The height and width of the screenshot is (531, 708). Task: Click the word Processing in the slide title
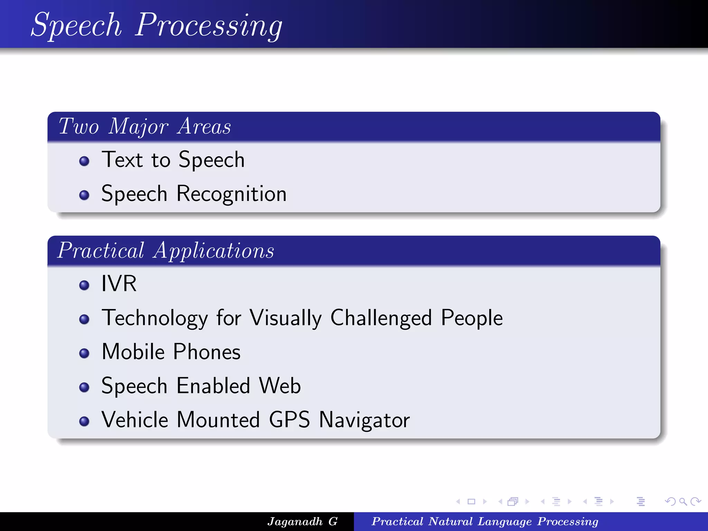[x=208, y=26]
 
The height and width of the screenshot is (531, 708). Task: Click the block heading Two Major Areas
[x=145, y=127]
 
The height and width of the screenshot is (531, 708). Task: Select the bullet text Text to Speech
[x=173, y=160]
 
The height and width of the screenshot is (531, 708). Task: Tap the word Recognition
[x=231, y=194]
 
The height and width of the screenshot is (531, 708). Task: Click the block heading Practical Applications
[x=166, y=251]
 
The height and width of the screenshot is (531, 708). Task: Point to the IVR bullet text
[x=119, y=284]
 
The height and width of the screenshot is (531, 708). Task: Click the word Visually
[x=286, y=318]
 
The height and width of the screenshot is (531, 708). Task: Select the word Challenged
[x=381, y=318]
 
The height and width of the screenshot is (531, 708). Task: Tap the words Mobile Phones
[x=171, y=352]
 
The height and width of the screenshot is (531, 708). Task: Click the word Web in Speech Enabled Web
[x=280, y=386]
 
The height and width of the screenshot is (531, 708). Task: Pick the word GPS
[x=289, y=420]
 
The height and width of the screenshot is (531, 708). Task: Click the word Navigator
[x=364, y=420]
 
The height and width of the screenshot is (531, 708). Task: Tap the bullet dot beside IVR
[x=84, y=285]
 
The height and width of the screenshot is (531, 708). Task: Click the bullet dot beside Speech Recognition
[x=84, y=195]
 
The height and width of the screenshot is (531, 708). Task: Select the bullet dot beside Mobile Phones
[x=84, y=353]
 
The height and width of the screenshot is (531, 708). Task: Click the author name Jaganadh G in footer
[x=302, y=521]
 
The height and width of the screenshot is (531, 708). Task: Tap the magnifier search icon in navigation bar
[x=682, y=501]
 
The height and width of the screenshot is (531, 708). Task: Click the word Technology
[x=155, y=318]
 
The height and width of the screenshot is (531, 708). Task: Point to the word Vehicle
[x=134, y=420]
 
